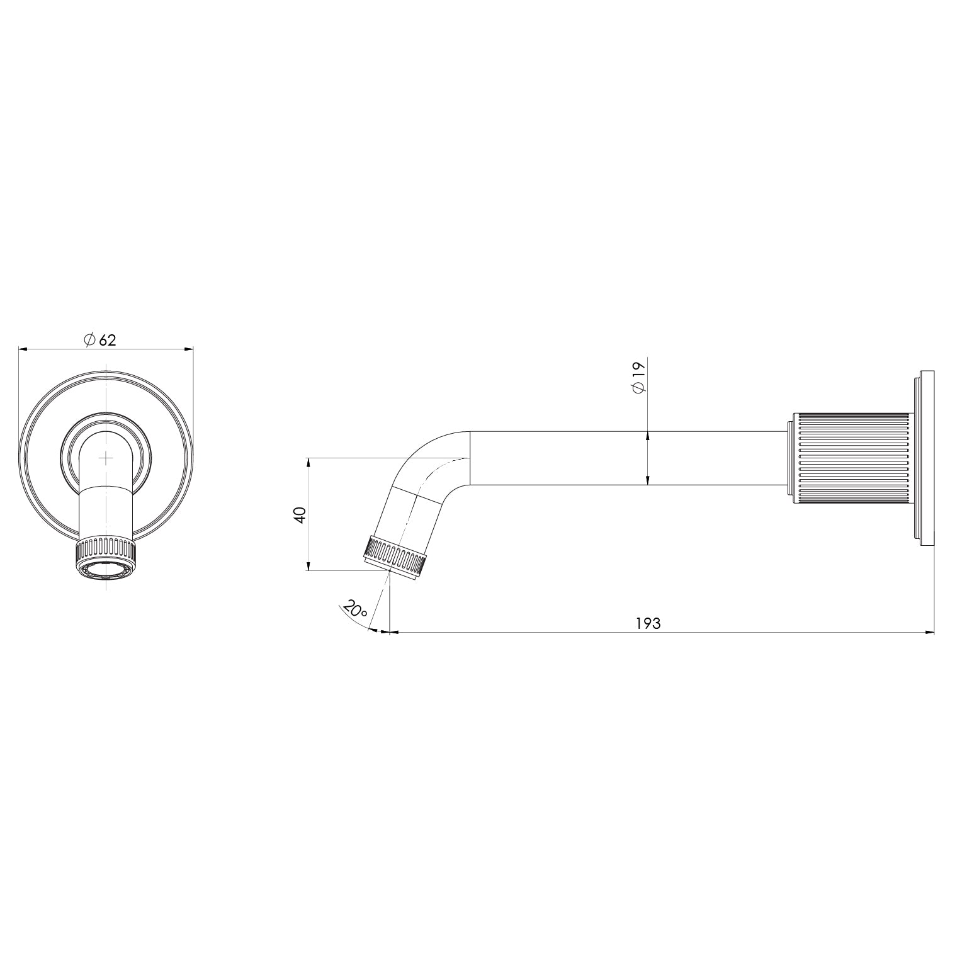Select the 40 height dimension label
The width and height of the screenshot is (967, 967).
[300, 514]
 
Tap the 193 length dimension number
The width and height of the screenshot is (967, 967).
[648, 623]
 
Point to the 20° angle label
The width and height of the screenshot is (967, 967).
[356, 609]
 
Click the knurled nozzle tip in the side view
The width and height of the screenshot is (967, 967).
[395, 555]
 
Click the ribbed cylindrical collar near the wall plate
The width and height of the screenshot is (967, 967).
[851, 458]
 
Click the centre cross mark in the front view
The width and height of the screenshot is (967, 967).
[106, 458]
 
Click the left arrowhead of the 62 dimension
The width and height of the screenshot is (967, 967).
[23, 348]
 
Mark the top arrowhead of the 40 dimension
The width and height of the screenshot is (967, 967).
[308, 462]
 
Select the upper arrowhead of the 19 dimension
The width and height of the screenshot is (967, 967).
[648, 435]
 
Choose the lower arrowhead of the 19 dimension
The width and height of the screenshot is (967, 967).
[648, 481]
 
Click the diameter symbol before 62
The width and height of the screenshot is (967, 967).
[89, 340]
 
